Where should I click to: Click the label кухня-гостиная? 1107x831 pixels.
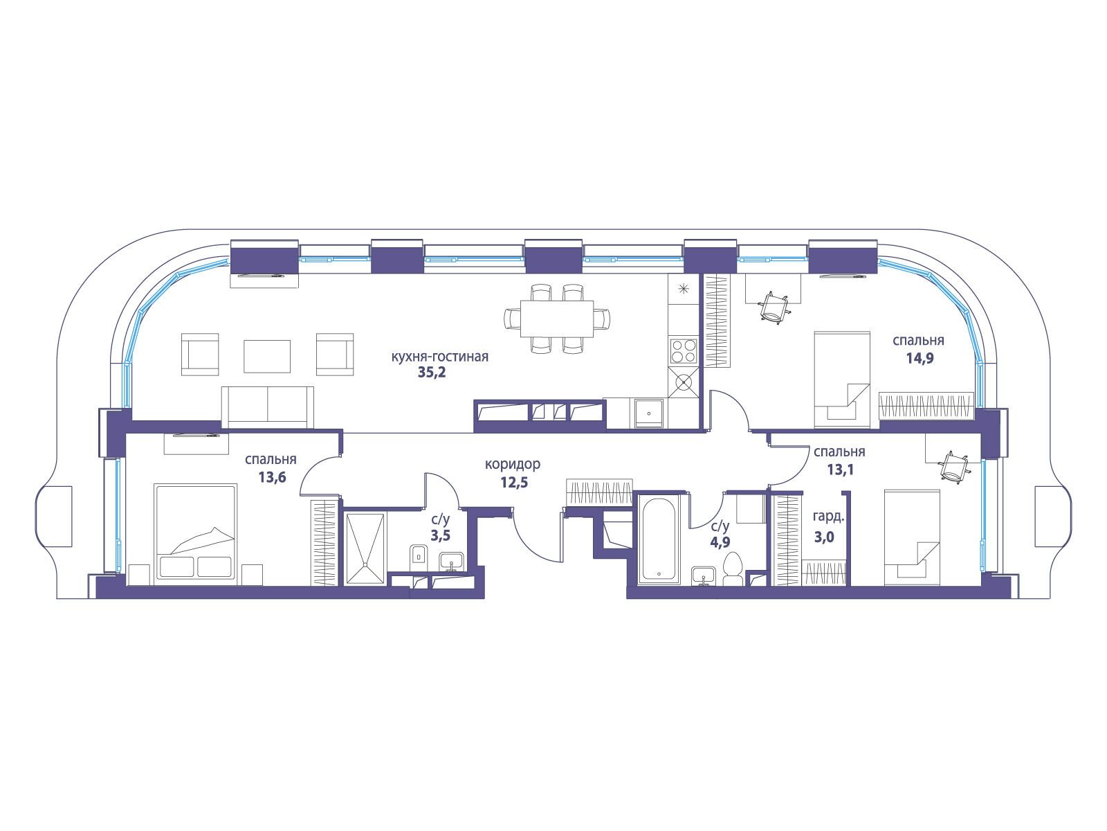click(x=440, y=357)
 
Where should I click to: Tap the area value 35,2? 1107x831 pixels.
click(x=432, y=373)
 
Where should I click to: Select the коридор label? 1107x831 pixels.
click(x=513, y=464)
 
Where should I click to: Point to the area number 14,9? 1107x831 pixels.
click(x=920, y=359)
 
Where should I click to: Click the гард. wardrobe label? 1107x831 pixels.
click(x=828, y=517)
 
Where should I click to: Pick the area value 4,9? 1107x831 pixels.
click(x=720, y=542)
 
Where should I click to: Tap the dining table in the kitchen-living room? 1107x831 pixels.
click(x=557, y=319)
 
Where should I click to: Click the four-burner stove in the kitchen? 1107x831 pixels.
click(x=684, y=350)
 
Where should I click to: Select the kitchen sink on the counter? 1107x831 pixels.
click(x=648, y=413)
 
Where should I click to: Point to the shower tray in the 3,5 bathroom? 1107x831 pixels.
click(x=365, y=548)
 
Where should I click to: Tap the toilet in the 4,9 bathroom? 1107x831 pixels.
click(x=732, y=569)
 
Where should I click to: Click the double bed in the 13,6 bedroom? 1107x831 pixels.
click(x=196, y=532)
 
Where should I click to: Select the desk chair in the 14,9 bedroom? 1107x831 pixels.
click(x=773, y=307)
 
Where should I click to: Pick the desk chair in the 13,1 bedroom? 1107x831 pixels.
click(x=954, y=467)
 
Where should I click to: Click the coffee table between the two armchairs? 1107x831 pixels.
click(x=267, y=356)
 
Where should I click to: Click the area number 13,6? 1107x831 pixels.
click(x=273, y=477)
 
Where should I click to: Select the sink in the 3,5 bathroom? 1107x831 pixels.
click(x=452, y=562)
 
